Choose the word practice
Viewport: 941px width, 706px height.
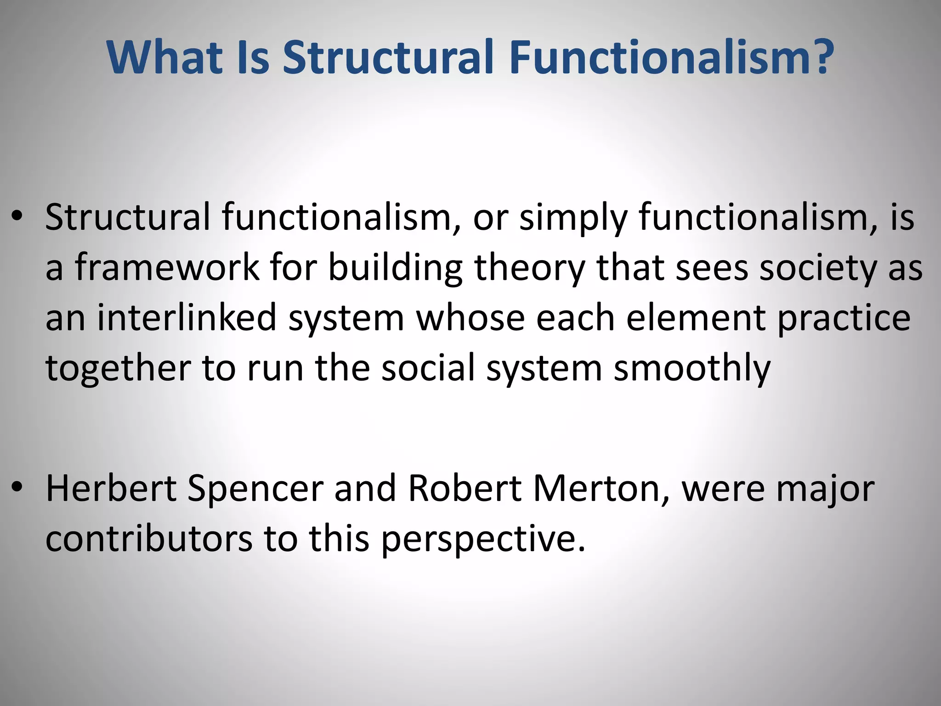coord(844,319)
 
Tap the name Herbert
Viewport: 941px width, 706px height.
coord(111,488)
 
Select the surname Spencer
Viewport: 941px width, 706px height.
coord(255,489)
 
